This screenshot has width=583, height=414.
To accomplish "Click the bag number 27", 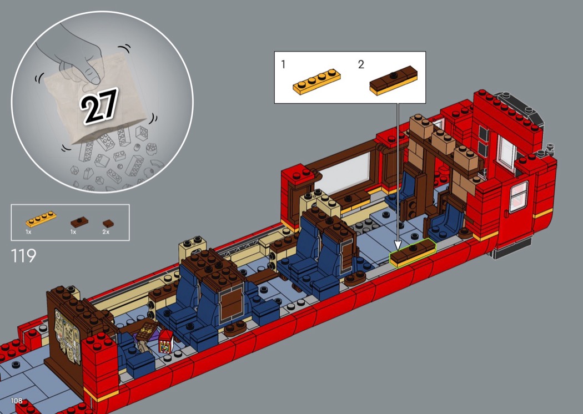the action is pos(98,105).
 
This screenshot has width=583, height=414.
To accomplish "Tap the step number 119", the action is pos(23,256).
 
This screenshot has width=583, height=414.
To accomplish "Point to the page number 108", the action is pos(16,401).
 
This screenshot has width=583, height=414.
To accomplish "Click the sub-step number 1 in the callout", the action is pos(283,64).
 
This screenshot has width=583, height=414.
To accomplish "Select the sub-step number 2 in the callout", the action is pos(361,64).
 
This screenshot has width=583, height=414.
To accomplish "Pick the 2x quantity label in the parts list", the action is pos(106,232).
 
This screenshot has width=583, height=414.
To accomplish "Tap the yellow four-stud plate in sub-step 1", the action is pos(316,82).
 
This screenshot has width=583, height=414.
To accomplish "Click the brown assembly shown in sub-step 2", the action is pos(393,80).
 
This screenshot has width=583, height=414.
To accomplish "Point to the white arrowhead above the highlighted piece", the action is pos(398,245).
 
